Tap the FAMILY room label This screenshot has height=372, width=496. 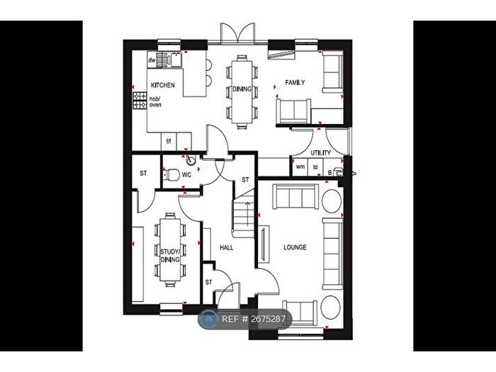coord(295,83)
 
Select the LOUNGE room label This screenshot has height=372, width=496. coord(295,247)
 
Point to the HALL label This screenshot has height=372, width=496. coord(227,247)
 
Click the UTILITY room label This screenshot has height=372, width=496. coord(320,152)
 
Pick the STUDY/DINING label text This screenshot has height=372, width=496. coord(169,254)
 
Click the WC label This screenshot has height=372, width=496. coord(187,173)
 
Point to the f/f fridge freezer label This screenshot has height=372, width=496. coord(169,141)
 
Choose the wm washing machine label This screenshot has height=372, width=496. coord(300,167)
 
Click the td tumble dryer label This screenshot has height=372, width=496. coord(315,167)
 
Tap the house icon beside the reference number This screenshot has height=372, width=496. coord(210,320)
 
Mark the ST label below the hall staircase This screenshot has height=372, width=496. coord(209,282)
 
